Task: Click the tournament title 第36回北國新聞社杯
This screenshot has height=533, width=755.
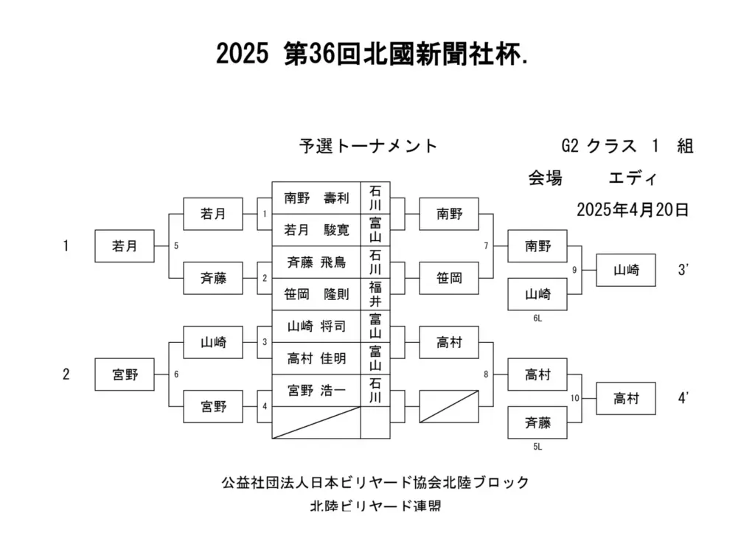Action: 406,53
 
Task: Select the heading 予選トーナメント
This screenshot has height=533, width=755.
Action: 368,145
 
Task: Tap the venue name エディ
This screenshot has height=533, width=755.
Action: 632,178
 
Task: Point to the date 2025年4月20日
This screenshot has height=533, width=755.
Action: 633,210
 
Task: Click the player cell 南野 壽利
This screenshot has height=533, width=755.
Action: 316,198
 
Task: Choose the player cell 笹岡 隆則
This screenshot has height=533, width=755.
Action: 316,294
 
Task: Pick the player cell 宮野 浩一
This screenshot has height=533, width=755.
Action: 316,391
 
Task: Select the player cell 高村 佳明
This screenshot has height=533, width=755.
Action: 316,358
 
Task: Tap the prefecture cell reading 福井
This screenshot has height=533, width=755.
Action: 375,294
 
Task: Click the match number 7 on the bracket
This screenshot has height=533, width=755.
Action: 486,246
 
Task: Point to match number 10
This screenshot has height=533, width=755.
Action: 575,398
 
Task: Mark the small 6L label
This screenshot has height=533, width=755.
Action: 537,318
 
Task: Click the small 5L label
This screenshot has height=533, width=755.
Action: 537,447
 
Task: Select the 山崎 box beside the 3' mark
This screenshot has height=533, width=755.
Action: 626,270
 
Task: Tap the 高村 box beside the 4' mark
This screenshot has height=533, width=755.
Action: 626,399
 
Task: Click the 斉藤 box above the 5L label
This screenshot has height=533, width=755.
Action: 537,422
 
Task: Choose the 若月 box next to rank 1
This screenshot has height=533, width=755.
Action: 125,246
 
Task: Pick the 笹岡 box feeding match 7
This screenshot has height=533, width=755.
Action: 449,278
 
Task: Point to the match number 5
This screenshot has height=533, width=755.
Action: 176,246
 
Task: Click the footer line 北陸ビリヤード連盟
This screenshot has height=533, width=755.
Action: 375,506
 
